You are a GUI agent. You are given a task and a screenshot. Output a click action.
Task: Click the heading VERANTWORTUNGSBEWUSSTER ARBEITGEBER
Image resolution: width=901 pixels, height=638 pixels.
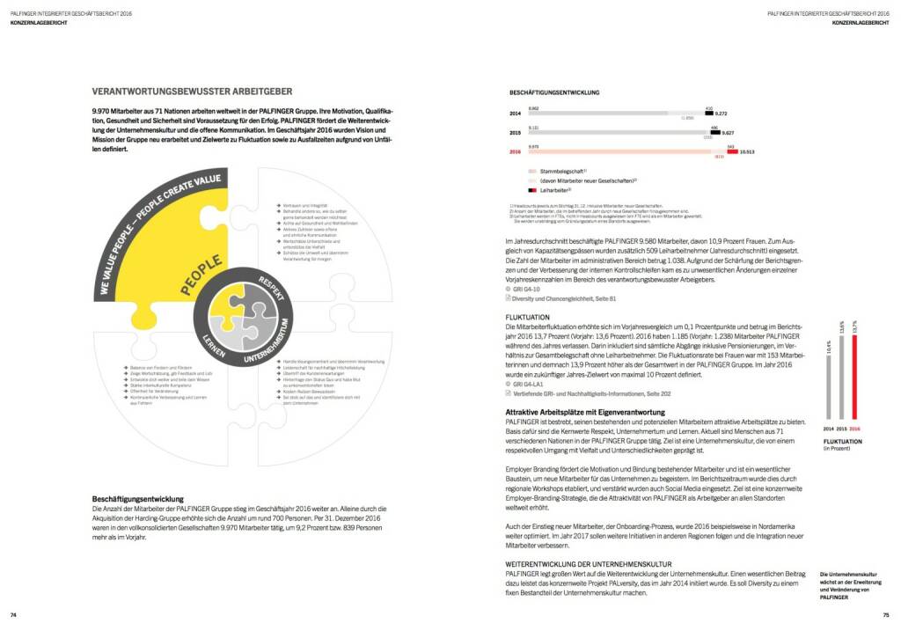193,91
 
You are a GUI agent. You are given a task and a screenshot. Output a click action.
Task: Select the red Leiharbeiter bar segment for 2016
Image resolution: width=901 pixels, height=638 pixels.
732,151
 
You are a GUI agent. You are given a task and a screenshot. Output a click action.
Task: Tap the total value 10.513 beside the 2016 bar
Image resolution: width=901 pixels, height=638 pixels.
748,151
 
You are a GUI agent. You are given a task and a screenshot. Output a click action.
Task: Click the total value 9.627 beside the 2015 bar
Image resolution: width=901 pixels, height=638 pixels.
728,133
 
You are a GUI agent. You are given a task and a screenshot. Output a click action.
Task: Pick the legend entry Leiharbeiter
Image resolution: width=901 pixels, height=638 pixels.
556,189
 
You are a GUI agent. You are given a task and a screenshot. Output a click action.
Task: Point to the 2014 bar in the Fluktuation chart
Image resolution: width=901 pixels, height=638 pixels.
828,381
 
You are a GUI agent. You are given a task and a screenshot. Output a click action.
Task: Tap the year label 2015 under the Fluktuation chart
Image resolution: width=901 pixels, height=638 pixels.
840,429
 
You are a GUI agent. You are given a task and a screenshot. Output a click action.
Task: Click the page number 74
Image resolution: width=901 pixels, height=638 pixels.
13,614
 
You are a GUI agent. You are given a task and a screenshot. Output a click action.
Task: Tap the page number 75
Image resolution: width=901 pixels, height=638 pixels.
886,614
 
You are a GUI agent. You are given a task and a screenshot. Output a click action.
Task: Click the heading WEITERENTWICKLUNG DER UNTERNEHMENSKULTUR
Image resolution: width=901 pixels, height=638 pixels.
589,563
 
